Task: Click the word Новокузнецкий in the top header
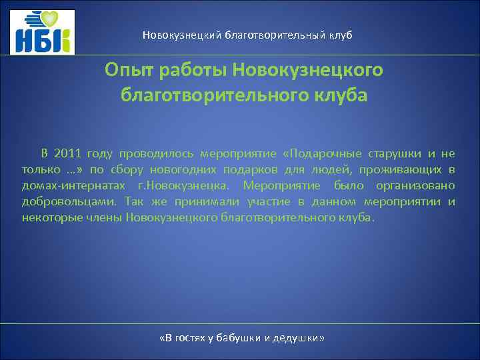(176, 35)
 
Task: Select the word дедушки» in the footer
(300, 339)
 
